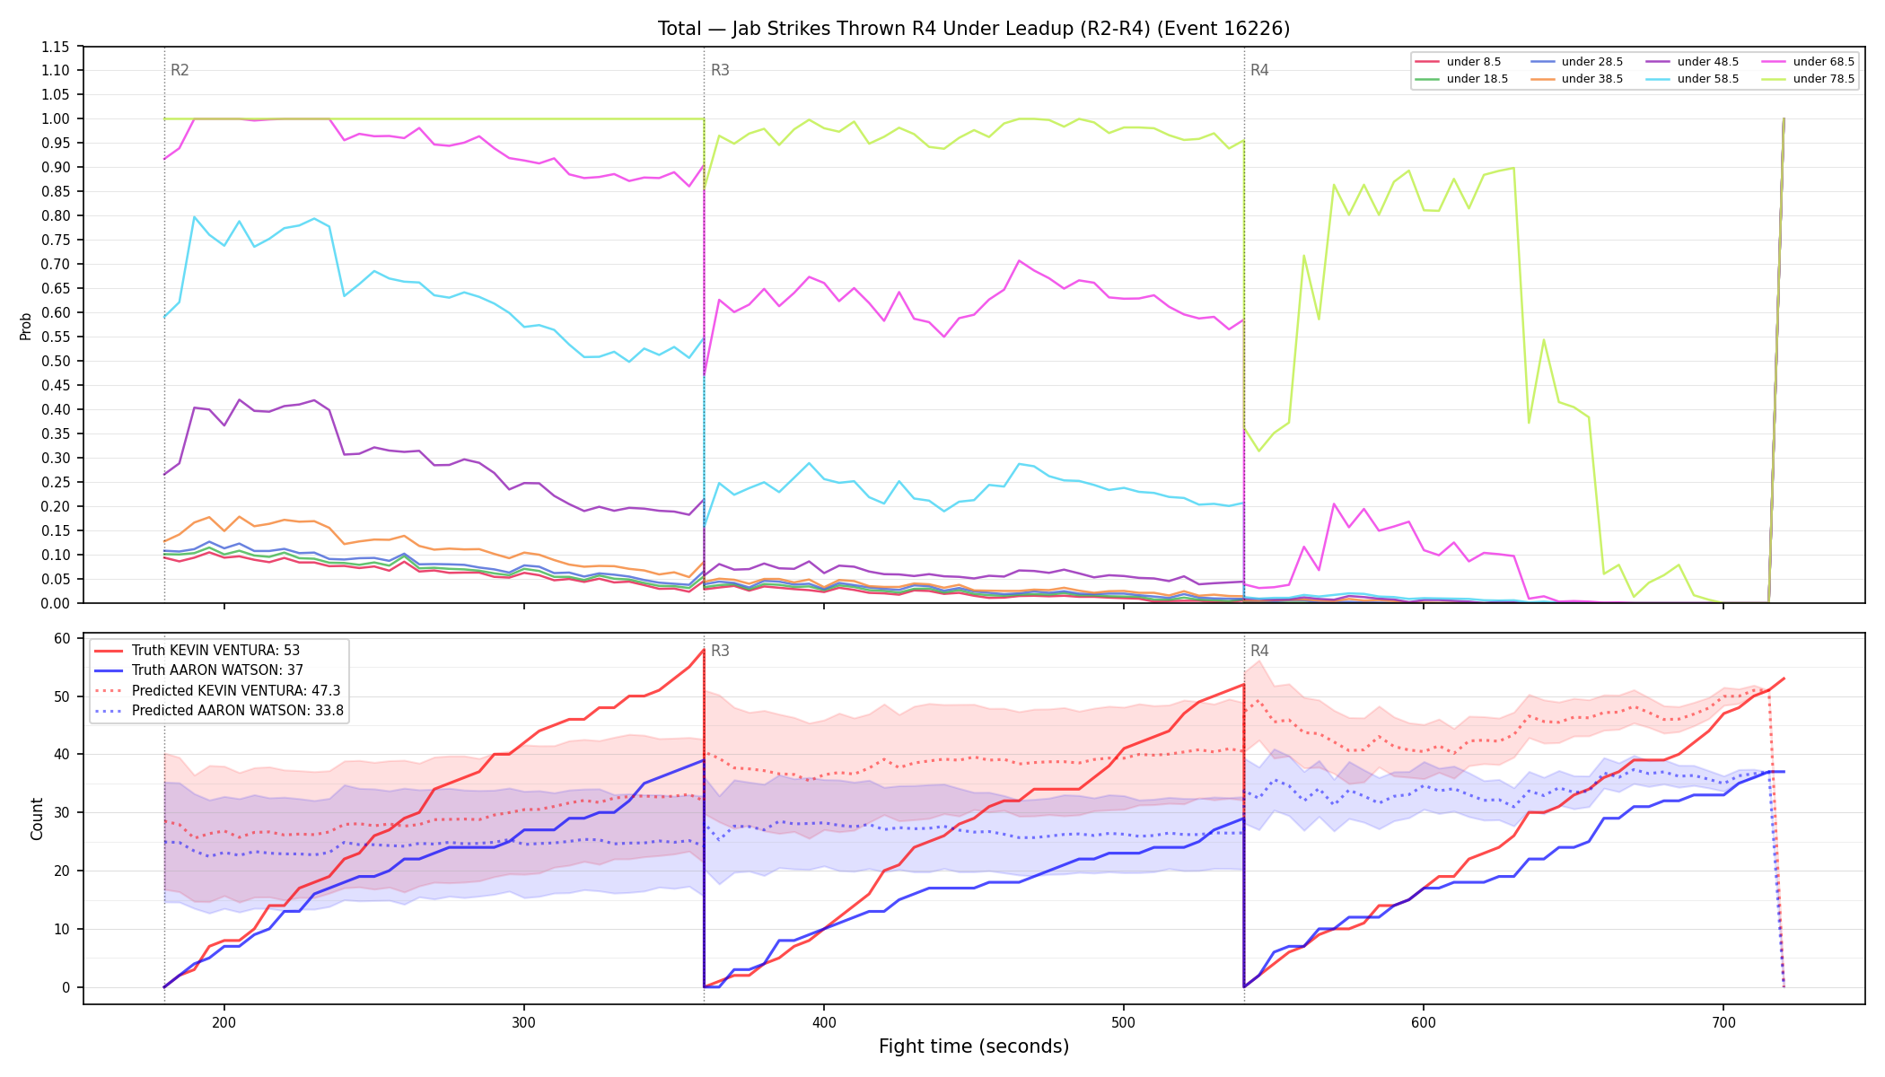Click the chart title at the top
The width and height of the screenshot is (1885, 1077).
974,29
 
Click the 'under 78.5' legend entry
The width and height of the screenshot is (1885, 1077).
1807,79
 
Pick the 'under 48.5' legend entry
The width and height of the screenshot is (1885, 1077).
1691,62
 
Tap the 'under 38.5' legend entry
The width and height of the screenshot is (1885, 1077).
1576,79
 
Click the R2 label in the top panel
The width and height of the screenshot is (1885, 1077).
180,70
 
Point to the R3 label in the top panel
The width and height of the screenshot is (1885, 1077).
720,70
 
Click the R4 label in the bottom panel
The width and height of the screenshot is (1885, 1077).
1259,651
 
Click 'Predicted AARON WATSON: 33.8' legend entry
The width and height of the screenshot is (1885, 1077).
219,711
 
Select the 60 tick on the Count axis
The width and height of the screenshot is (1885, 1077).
62,639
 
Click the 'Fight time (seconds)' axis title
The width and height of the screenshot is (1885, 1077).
974,1046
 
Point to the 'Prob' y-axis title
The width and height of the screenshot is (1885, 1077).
26,326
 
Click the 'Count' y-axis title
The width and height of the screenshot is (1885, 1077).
37,819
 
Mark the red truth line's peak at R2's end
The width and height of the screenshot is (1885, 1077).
704,650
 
